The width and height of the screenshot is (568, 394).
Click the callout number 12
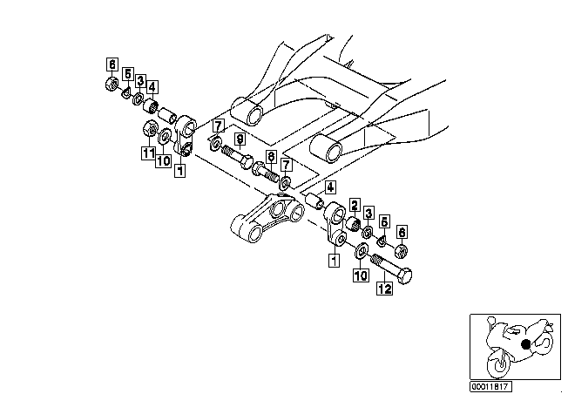(384, 289)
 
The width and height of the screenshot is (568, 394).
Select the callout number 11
(148, 153)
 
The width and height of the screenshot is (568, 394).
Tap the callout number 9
(240, 139)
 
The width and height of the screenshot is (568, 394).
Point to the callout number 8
(271, 157)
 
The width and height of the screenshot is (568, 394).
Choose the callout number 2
(355, 205)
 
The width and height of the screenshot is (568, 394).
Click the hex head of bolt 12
(404, 276)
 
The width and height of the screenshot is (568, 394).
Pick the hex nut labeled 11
(149, 128)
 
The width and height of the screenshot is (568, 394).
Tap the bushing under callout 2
(353, 224)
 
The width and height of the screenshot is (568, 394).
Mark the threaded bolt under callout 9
(237, 156)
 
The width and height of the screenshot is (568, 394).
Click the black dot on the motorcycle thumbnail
(525, 343)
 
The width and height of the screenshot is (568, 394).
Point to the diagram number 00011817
(491, 386)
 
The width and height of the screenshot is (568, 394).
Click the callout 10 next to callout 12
(361, 275)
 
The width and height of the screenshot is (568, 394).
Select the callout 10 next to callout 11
(163, 160)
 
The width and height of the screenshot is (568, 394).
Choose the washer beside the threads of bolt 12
(362, 251)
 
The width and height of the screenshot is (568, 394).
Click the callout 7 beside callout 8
(286, 165)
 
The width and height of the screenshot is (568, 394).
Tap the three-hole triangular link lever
(267, 217)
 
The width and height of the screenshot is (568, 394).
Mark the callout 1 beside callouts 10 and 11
(180, 170)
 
